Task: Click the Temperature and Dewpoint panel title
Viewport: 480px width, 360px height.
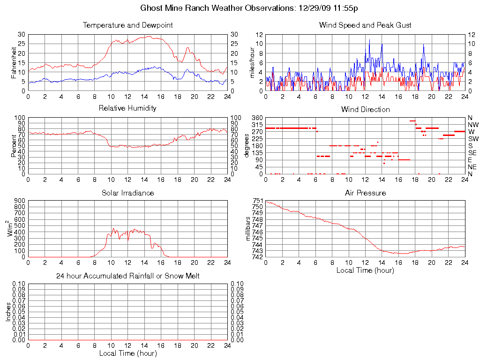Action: (127, 25)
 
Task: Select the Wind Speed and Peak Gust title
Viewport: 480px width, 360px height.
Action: (365, 25)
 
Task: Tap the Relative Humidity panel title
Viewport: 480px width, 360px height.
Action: (127, 108)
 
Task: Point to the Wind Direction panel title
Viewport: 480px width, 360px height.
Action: (365, 109)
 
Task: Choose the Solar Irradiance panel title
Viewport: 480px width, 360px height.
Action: (127, 193)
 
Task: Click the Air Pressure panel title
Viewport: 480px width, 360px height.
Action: (365, 193)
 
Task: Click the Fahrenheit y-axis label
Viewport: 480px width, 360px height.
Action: (14, 62)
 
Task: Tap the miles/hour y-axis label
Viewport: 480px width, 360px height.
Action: (252, 62)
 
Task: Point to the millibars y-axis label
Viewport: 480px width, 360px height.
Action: (249, 228)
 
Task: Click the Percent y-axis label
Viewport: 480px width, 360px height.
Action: (14, 146)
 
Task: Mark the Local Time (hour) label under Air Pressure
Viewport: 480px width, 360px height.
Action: (365, 270)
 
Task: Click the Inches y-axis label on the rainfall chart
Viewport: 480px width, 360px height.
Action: (8, 312)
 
